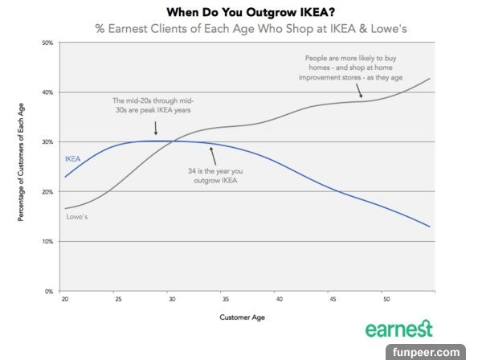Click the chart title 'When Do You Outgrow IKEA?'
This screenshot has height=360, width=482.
pos(240,13)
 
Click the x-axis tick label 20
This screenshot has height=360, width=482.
pos(63,299)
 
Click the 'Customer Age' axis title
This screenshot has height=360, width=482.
pos(242,317)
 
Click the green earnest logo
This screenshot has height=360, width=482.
pos(399,329)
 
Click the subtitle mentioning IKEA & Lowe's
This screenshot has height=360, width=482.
pos(240,29)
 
